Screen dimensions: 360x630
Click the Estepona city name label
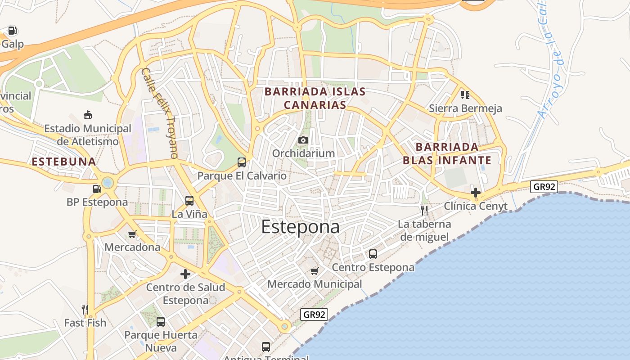300,227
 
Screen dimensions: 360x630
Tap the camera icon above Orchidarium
303,140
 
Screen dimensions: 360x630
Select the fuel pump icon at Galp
13,31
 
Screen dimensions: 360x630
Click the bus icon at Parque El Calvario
242,162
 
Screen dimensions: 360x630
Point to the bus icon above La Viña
189,201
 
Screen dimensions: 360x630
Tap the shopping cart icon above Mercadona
132,234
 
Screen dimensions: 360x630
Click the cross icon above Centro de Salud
185,274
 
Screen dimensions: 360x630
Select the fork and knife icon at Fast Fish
85,309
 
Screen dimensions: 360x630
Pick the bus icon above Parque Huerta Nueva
161,322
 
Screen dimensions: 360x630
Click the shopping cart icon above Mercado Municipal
314,271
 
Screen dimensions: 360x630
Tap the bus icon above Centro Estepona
373,254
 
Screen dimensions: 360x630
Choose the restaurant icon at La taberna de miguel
424,210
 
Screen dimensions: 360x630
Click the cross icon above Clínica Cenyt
476,193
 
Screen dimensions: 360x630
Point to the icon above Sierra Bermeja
465,94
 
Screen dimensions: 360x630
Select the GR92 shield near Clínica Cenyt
544,186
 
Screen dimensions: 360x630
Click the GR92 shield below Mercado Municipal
314,315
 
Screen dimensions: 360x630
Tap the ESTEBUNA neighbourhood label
64,162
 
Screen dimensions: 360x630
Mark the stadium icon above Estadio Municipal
88,115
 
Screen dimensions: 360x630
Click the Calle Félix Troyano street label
160,113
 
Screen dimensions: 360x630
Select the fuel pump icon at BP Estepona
97,189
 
